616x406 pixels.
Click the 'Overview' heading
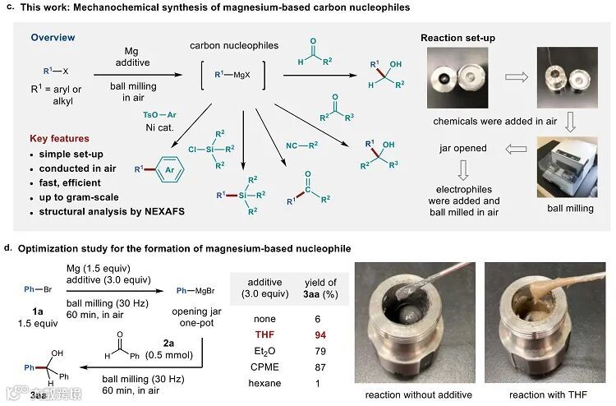click(x=53, y=38)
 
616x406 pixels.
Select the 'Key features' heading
click(x=59, y=137)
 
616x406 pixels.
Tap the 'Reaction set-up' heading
click(x=458, y=38)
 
